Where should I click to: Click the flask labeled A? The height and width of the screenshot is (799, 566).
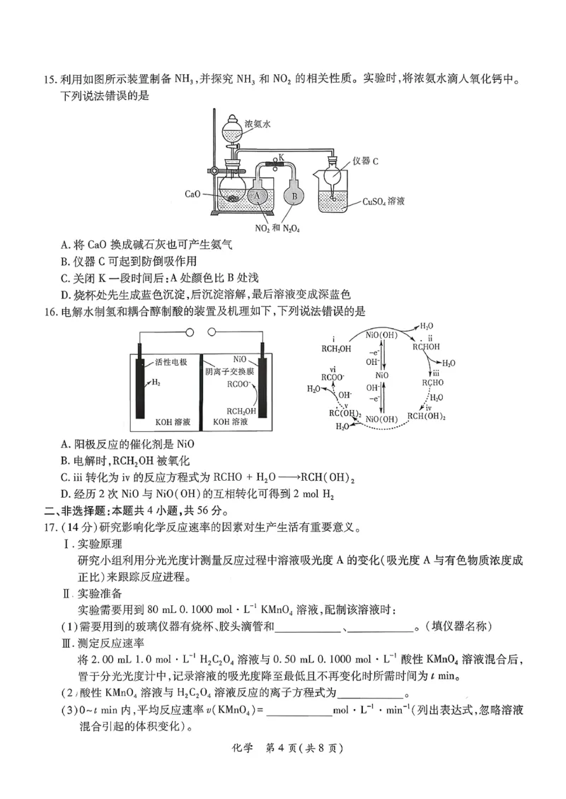(x=258, y=196)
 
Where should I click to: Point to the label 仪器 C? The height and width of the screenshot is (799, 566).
(x=364, y=161)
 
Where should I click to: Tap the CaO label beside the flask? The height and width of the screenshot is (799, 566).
(x=192, y=193)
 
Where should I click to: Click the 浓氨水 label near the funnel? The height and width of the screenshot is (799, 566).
(x=258, y=123)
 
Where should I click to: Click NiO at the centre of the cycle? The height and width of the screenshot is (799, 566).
(x=381, y=375)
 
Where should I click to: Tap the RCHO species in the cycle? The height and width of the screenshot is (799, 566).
(x=433, y=383)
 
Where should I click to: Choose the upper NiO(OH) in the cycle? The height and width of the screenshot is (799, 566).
(x=381, y=334)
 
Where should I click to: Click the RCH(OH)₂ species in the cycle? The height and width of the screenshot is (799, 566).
(x=427, y=416)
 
